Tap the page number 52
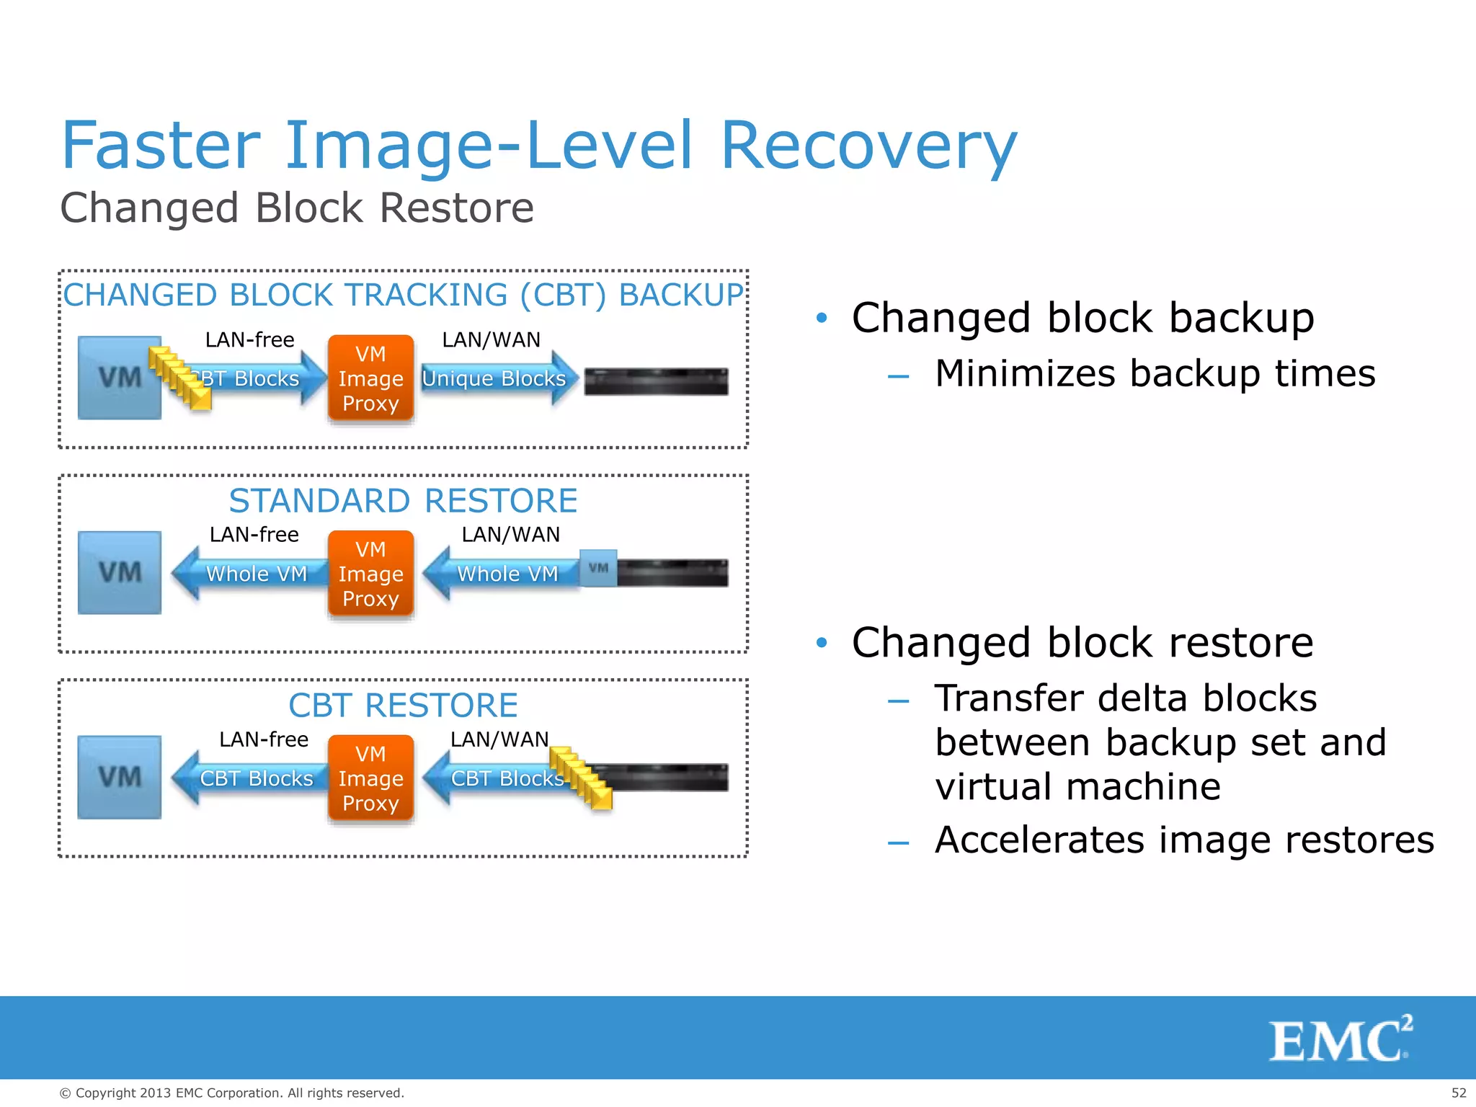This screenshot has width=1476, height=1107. click(x=1458, y=1093)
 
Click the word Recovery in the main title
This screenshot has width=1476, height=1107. click(x=868, y=146)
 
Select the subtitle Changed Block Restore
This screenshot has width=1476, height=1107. click(x=296, y=208)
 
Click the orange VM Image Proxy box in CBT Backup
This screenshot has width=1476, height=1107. click(x=370, y=378)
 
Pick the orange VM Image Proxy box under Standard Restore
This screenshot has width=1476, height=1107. click(x=370, y=574)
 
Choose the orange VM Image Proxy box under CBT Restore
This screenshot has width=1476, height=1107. click(x=370, y=778)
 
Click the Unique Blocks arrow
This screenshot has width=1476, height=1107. click(x=497, y=378)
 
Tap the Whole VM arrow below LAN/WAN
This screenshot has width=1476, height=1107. click(x=504, y=574)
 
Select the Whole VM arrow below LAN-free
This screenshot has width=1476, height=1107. click(x=252, y=574)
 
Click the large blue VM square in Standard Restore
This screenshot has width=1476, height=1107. click(x=120, y=573)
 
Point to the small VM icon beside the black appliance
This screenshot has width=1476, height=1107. click(x=598, y=569)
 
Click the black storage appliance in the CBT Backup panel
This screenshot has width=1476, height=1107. click(x=656, y=381)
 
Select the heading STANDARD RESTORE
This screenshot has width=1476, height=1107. click(x=403, y=501)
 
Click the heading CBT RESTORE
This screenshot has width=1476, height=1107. click(x=403, y=706)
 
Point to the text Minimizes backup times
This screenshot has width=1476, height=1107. click(x=1155, y=374)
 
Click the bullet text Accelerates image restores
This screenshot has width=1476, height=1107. click(x=1184, y=840)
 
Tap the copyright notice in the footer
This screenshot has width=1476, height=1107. click(x=231, y=1093)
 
